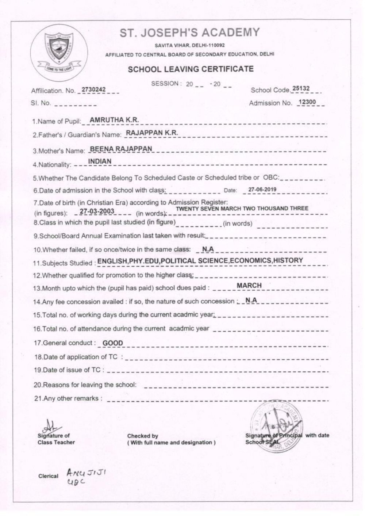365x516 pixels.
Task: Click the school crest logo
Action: point(59,53)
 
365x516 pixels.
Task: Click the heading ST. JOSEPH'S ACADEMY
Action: point(190,33)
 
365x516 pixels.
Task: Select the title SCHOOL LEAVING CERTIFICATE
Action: point(191,69)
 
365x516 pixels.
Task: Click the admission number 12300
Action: point(307,102)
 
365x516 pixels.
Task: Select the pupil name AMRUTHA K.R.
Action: point(114,119)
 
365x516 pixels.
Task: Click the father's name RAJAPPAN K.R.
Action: point(151,133)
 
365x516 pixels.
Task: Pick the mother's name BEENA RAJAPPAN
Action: point(121,149)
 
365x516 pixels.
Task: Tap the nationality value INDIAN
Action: point(100,161)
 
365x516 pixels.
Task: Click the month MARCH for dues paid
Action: point(249,285)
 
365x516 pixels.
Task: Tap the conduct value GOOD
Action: point(113,343)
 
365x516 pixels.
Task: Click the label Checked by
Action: point(142,436)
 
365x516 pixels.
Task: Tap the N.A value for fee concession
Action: point(251,300)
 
